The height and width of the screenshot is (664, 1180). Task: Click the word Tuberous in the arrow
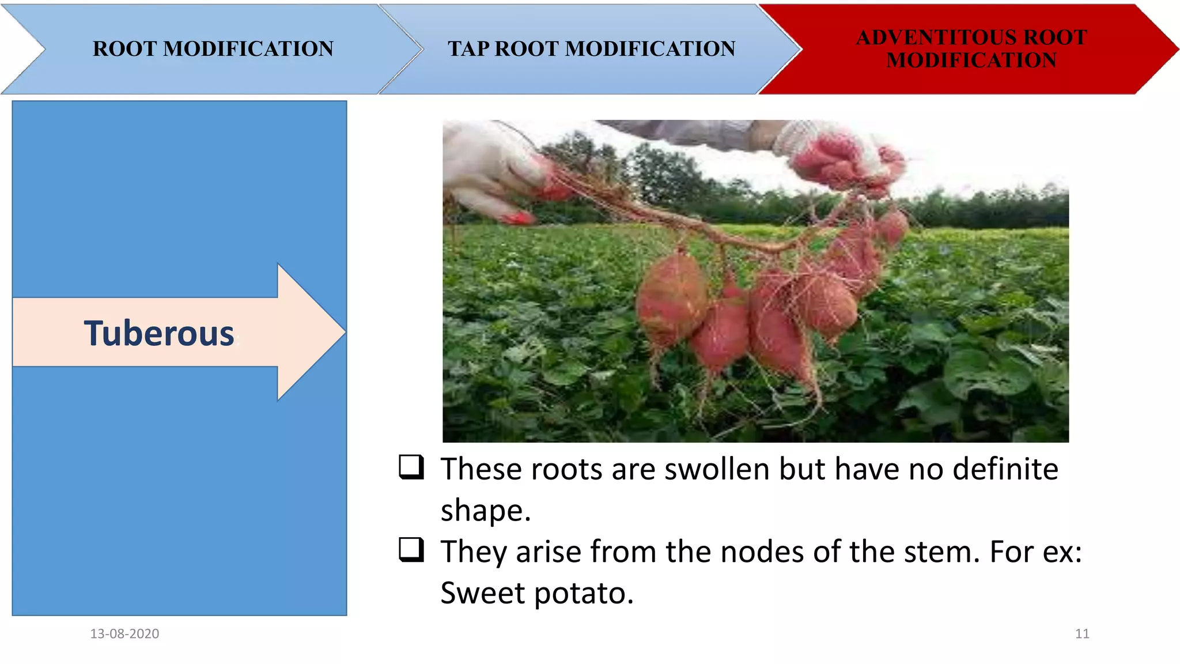(x=159, y=334)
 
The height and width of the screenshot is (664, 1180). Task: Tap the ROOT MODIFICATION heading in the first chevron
(x=213, y=49)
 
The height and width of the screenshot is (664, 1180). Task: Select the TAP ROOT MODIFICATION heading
(x=591, y=49)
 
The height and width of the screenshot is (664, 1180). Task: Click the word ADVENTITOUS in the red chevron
(x=929, y=37)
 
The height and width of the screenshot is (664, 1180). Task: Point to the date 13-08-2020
(x=124, y=633)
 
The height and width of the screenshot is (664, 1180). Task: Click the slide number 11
(x=1082, y=633)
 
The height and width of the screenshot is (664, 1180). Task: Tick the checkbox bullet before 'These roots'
(x=411, y=467)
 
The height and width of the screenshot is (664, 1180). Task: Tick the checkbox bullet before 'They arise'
(x=411, y=549)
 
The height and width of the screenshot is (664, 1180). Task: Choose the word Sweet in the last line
(x=483, y=593)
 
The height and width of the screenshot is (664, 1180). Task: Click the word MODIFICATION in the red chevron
(x=971, y=61)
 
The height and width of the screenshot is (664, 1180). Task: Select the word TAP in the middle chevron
(x=468, y=49)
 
